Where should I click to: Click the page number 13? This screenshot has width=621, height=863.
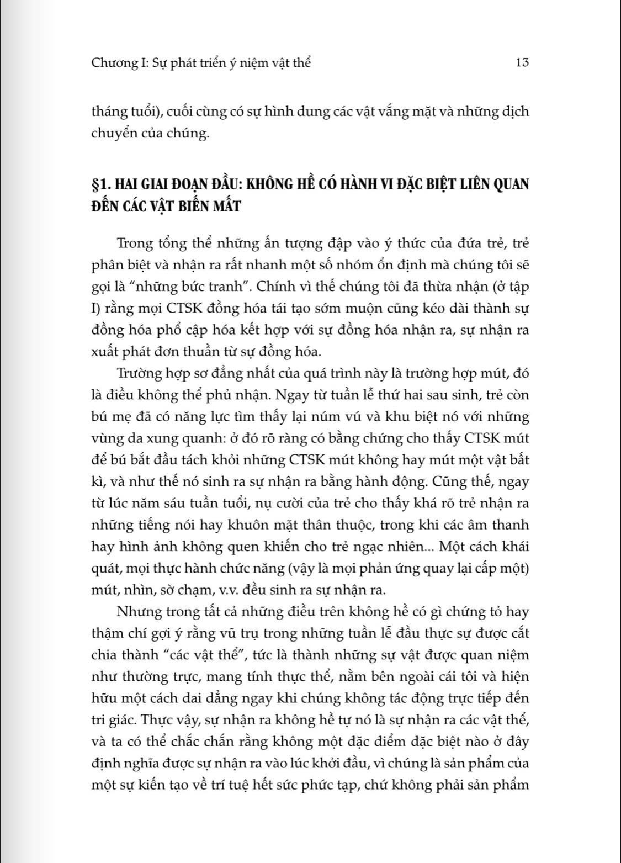coord(522,63)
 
